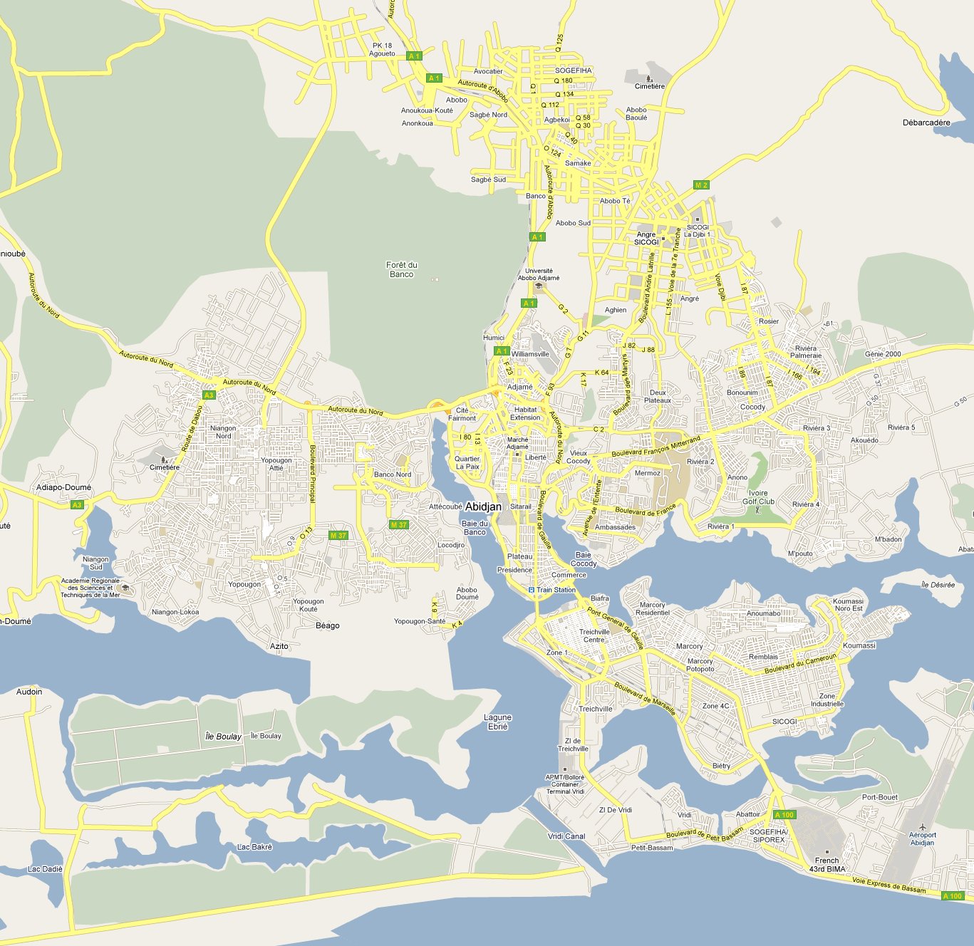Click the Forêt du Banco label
[x=402, y=269]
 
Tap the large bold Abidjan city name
[x=483, y=506]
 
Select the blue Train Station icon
[x=531, y=590]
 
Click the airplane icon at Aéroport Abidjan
[x=923, y=826]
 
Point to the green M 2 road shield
[x=701, y=185]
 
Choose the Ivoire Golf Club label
[x=758, y=497]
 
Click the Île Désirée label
[x=938, y=585]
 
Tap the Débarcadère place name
[x=926, y=123]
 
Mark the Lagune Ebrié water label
[x=497, y=722]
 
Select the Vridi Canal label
[x=566, y=836]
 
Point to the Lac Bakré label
[x=254, y=847]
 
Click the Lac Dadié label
[x=45, y=869]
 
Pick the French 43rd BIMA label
[x=827, y=865]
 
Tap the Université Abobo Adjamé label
[x=539, y=274]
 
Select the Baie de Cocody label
[x=583, y=559]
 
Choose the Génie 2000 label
[x=883, y=354]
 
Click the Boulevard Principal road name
[x=312, y=474]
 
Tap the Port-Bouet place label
[x=880, y=797]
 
